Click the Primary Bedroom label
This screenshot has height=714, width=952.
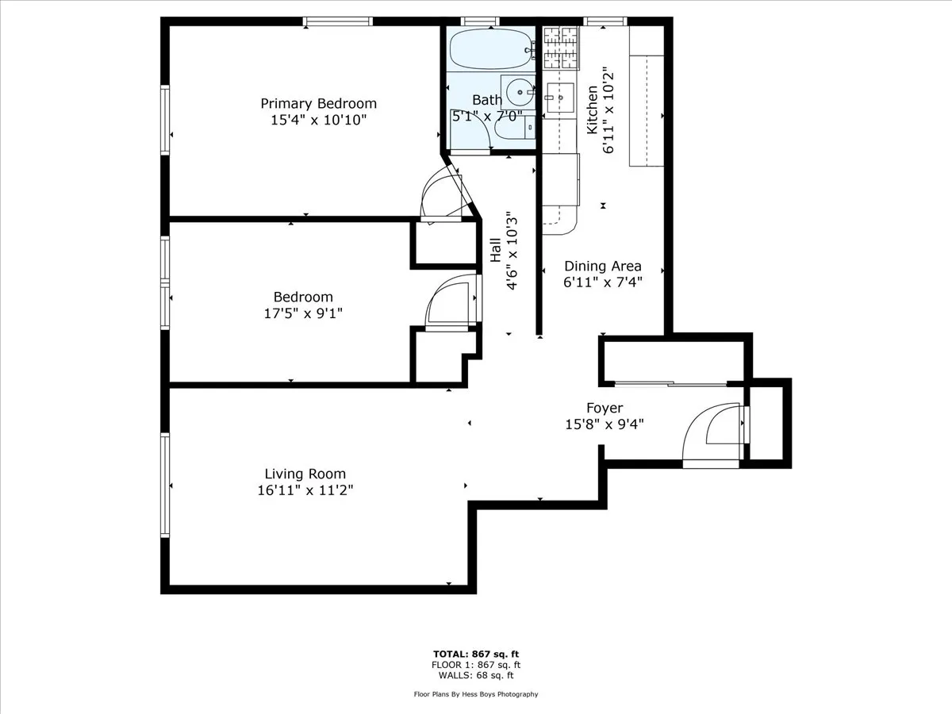coord(318,103)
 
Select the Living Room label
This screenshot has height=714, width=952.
coord(305,474)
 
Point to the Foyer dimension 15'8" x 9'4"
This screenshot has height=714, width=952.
coord(604,424)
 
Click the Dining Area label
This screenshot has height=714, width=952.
coord(602,267)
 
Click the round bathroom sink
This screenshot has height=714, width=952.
coord(520,93)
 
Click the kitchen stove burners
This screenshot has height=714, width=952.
coord(561,46)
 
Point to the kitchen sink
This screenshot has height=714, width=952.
coord(559,98)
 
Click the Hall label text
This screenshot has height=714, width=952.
coord(495,251)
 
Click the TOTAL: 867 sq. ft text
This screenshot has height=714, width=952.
coord(476,654)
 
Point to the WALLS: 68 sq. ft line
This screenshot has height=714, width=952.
coord(476,676)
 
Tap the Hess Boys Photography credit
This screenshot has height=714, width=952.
coord(476,694)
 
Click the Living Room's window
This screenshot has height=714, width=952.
coord(165,485)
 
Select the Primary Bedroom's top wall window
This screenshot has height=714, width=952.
coord(338,21)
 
